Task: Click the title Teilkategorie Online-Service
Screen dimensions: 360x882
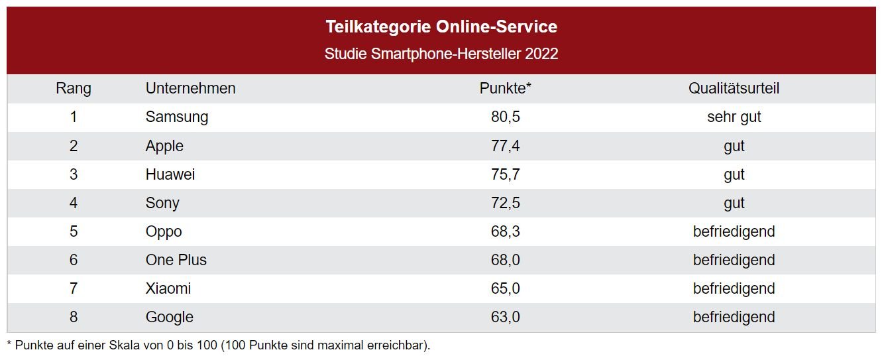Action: (441, 27)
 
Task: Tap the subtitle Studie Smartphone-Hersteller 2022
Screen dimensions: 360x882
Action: (441, 54)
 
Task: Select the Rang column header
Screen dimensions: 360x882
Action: (74, 88)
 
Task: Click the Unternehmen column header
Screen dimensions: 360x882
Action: (190, 88)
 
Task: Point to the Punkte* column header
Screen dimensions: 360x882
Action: (506, 88)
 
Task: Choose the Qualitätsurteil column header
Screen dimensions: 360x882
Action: (734, 88)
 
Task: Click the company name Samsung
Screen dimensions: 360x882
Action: (177, 117)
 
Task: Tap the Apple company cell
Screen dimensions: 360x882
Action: (164, 146)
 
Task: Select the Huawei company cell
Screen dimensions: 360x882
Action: (170, 174)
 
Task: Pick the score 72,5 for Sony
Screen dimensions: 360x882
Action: (506, 203)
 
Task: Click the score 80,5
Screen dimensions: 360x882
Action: (506, 117)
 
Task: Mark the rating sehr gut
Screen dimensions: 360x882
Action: (734, 117)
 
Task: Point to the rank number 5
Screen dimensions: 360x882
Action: (74, 231)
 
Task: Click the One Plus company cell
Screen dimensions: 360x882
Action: (176, 260)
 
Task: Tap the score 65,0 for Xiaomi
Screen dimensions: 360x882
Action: (506, 288)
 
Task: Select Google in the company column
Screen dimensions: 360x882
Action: (170, 317)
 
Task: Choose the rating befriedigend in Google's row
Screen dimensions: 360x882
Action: (734, 317)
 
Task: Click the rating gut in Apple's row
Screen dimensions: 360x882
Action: (734, 146)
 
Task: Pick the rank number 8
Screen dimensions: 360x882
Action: (74, 317)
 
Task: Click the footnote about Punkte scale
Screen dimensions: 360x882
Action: (219, 345)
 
